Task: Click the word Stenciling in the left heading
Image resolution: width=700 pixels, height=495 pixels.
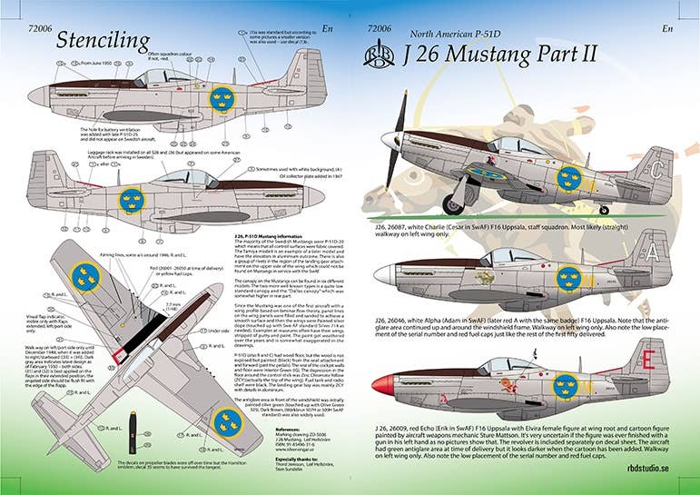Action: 103,40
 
